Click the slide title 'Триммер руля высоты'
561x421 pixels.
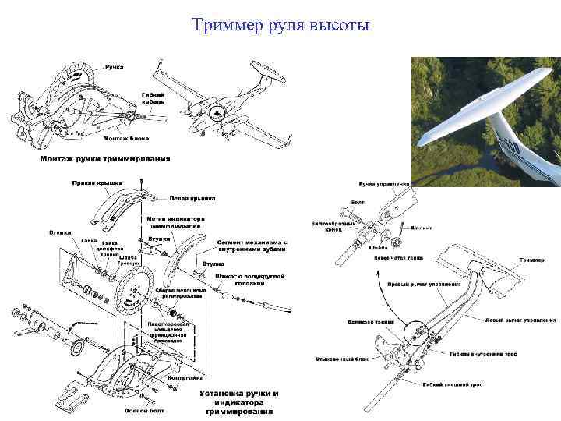280,27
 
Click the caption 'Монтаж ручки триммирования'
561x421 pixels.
105,159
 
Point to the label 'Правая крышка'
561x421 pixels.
97,183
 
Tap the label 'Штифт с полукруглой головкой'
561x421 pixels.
250,279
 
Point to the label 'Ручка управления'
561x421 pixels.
383,184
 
